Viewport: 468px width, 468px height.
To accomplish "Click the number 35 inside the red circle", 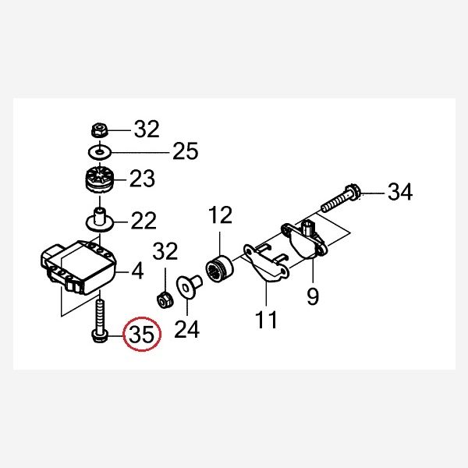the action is (142, 335).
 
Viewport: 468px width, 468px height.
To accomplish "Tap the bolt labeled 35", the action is (99, 322).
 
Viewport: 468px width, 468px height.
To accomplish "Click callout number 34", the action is (400, 192).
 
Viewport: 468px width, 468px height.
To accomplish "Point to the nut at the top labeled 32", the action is (99, 129).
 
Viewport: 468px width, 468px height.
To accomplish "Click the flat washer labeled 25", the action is (100, 152).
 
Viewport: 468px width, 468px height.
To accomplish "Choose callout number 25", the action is (186, 151).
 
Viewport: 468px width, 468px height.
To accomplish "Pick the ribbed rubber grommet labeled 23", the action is (100, 179).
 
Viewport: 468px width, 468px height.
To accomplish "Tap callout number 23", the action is (142, 179).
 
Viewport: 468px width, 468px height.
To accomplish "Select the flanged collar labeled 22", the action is (100, 221).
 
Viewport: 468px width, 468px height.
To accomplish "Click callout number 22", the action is (144, 221).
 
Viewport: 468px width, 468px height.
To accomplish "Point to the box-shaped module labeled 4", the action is (79, 268).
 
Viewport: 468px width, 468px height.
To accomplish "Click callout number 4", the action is (137, 271).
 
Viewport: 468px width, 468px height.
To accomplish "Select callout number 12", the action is (220, 214).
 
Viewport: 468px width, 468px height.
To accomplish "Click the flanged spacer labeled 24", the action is (190, 286).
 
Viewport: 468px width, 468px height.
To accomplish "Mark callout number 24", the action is (187, 329).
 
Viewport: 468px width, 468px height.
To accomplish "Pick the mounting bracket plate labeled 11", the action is (266, 261).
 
